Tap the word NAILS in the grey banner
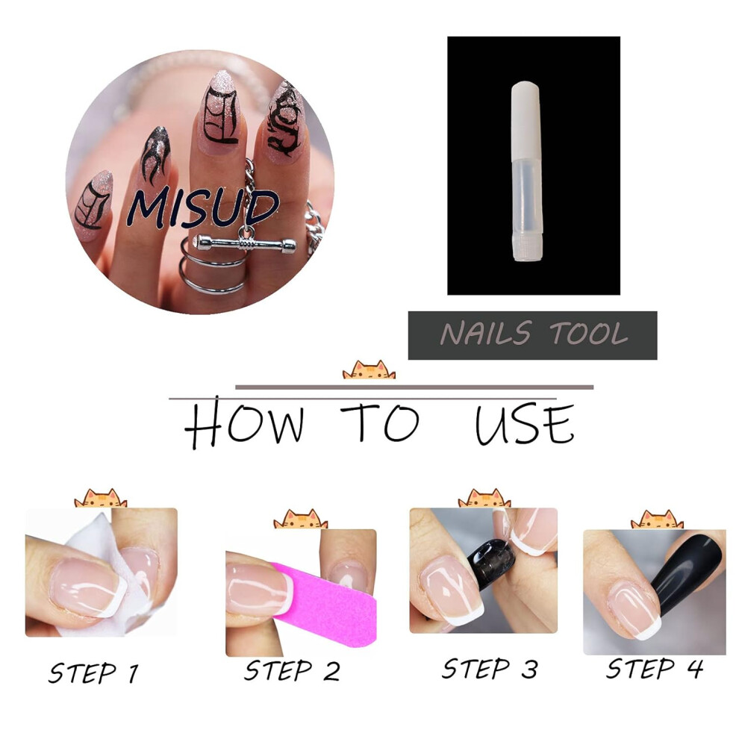click(486, 333)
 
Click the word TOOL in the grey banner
click(589, 333)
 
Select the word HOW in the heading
click(244, 422)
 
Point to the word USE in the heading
click(525, 424)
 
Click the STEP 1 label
click(93, 673)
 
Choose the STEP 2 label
click(292, 670)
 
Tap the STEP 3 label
click(490, 668)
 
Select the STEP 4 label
click(654, 668)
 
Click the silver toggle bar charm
click(245, 243)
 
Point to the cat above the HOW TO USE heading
click(369, 370)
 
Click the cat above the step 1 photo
click(101, 499)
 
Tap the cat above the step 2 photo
click(300, 519)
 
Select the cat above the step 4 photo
click(657, 520)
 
